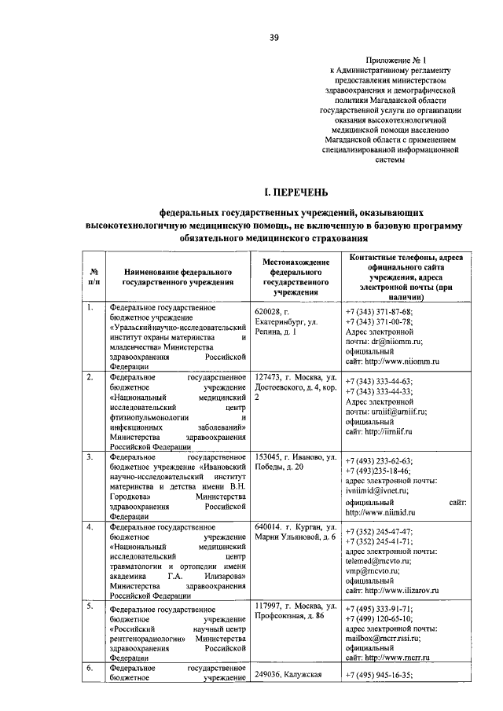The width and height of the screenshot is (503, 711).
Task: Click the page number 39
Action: pos(272,36)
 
